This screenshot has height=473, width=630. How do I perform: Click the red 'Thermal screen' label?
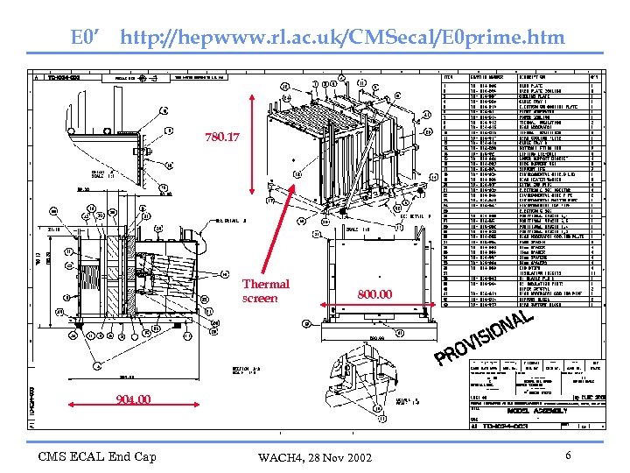coord(265,291)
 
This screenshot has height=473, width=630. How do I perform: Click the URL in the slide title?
coord(343,38)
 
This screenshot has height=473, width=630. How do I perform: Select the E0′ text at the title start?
coord(87,38)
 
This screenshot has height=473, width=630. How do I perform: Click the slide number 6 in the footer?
coord(568,455)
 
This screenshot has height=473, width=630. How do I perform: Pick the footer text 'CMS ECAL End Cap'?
coord(97,456)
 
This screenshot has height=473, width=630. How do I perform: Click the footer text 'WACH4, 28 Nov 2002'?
coord(314,458)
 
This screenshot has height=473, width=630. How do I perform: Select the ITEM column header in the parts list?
coord(450,76)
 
